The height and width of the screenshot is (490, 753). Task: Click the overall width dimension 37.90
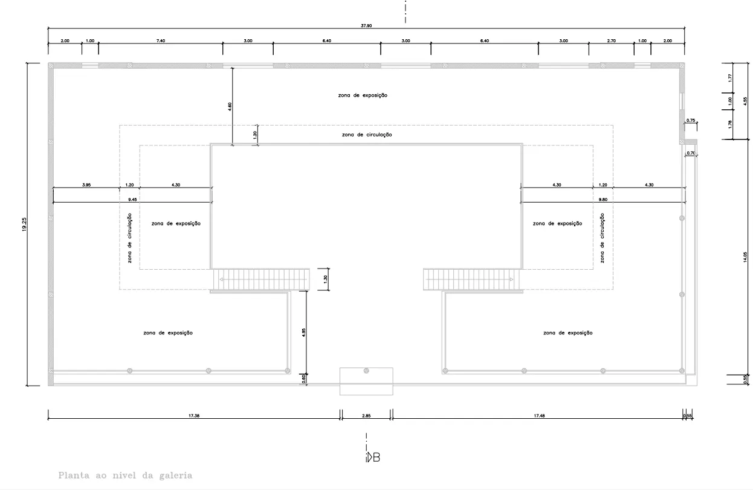coord(367,25)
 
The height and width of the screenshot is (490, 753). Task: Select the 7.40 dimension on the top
coord(160,40)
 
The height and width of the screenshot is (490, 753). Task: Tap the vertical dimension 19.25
coord(24,224)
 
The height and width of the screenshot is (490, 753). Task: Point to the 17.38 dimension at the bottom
coord(194,415)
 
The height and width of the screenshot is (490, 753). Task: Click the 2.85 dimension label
coord(366,415)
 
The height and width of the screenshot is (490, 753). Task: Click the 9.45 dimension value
coord(132,199)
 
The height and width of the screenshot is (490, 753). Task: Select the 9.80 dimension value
coord(603,199)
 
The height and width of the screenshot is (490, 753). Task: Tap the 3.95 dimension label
coord(86,185)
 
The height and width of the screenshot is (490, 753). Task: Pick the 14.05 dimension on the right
coord(745,258)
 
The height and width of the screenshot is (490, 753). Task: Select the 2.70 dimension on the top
coord(611,40)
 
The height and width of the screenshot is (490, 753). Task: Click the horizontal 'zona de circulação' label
coord(366,135)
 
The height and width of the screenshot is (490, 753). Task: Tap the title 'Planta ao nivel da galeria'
coord(125,476)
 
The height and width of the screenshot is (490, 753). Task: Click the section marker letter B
coord(376,457)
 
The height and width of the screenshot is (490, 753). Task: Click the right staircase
coord(471,279)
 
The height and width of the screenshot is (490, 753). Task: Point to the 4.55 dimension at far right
coord(745,101)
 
